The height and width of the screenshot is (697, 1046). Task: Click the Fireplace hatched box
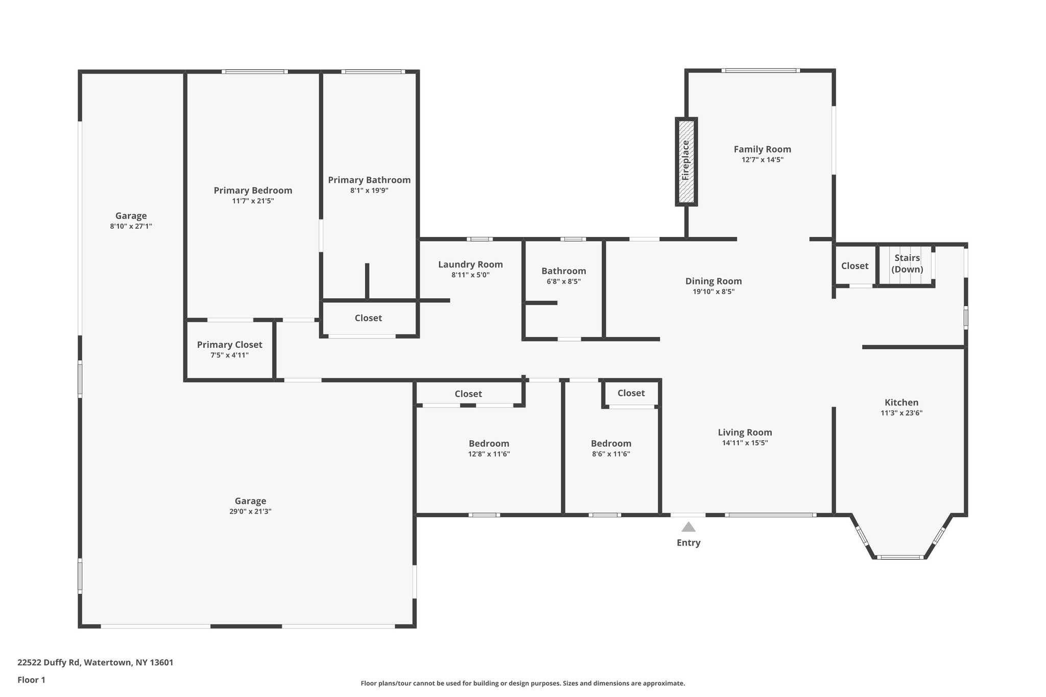(x=686, y=161)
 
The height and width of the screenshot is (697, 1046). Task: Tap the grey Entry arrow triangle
(x=688, y=527)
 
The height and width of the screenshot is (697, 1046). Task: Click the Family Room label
(x=762, y=149)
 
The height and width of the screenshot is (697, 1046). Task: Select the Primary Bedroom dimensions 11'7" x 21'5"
(x=253, y=201)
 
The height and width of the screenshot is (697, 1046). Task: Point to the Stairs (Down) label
(x=907, y=263)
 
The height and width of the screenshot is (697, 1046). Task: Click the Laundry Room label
(x=470, y=265)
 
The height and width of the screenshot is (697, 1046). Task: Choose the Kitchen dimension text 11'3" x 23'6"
(x=901, y=413)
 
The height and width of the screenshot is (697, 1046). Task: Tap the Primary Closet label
(x=229, y=345)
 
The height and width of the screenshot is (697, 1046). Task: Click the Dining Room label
(x=713, y=281)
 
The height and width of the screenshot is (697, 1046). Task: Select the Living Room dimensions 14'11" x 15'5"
(x=745, y=443)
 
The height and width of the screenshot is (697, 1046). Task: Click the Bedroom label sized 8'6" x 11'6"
(x=611, y=443)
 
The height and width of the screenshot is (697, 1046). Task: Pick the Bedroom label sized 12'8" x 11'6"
(x=489, y=443)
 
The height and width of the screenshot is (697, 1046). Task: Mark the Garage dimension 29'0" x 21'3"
(x=250, y=512)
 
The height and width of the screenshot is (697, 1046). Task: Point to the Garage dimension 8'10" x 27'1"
(x=131, y=226)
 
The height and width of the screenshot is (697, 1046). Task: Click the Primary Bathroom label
(x=369, y=180)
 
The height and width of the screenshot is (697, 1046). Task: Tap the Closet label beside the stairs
(x=854, y=266)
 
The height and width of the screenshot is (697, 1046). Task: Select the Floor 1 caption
(x=31, y=680)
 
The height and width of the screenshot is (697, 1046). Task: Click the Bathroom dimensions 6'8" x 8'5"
(x=563, y=281)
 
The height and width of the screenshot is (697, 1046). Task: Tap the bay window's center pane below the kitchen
(x=900, y=557)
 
